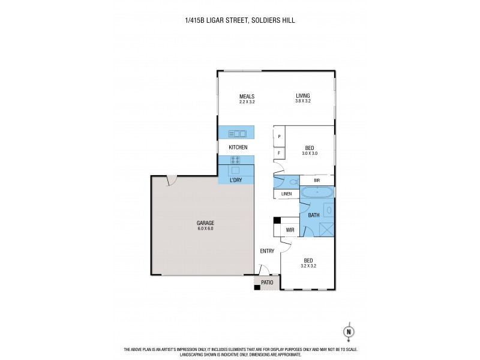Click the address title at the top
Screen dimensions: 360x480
coord(240,20)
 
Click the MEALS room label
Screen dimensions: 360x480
coord(247,96)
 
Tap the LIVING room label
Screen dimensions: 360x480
coord(302,96)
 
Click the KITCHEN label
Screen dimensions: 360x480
coord(238,147)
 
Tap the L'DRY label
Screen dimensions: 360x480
coord(235,180)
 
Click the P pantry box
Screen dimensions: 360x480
coord(279,137)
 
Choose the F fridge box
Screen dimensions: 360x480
coord(279,154)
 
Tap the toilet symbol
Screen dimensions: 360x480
coord(293,181)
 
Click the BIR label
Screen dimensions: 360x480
coord(316,180)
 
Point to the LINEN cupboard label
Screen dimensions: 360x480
coord(286,194)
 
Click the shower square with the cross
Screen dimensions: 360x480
coord(326,229)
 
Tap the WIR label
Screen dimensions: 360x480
coord(289,229)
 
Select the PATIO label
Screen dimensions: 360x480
coord(267,282)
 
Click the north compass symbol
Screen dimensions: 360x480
coord(347,331)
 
